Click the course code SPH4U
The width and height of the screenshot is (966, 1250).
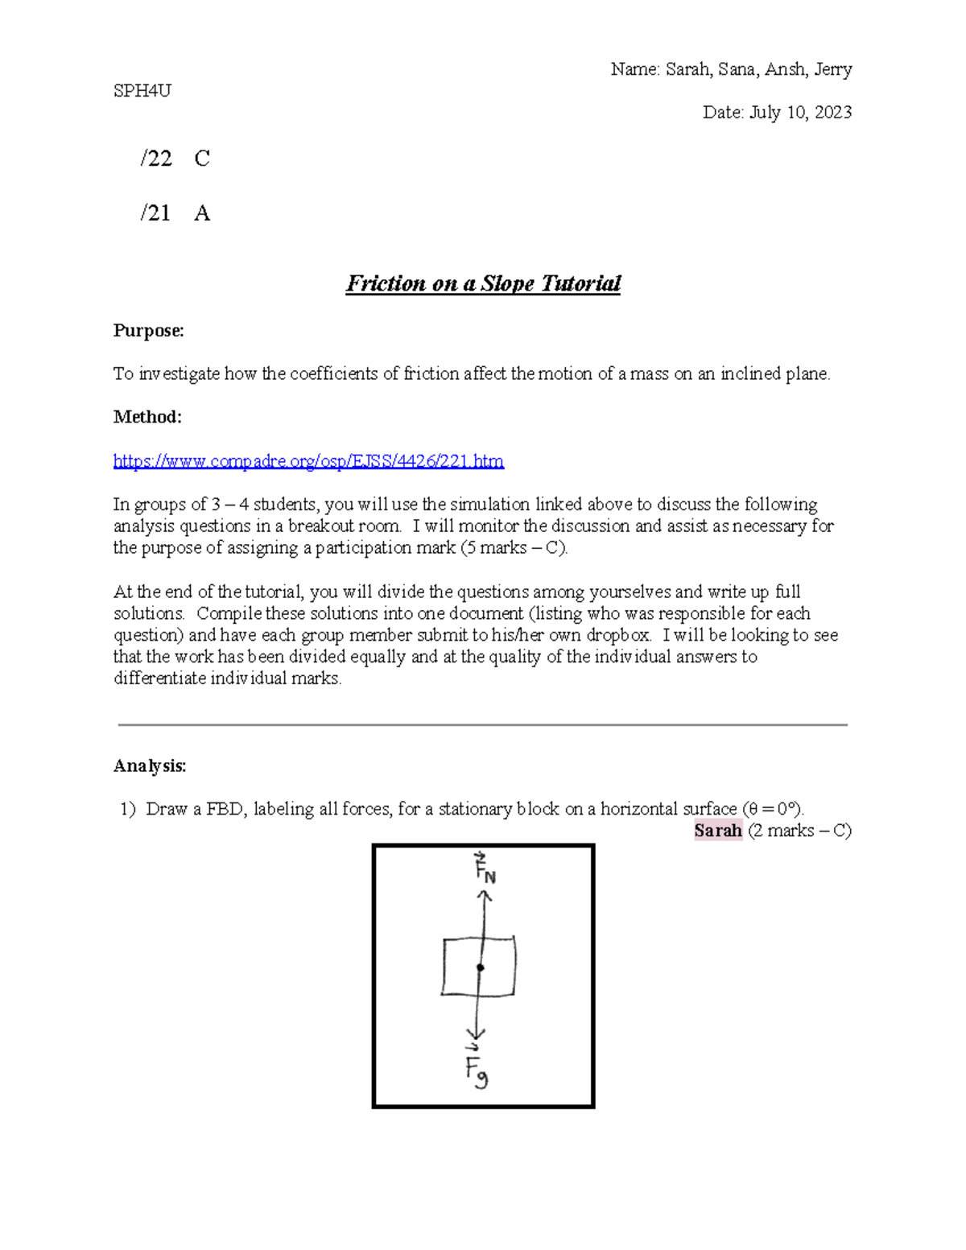click(142, 91)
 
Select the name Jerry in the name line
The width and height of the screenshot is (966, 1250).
click(832, 70)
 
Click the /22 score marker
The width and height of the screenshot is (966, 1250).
click(156, 159)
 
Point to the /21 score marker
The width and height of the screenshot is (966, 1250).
click(155, 213)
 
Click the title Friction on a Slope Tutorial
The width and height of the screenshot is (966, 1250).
click(483, 283)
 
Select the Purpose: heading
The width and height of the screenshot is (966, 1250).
click(148, 331)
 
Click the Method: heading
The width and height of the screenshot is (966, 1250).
click(147, 417)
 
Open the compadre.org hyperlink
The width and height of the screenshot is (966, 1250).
click(308, 461)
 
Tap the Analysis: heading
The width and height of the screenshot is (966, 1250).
click(150, 765)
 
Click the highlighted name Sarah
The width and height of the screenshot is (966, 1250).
click(717, 831)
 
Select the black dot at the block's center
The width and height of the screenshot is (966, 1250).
click(481, 967)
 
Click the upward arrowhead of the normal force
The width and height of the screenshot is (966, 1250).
click(485, 895)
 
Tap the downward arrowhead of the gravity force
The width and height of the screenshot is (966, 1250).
click(477, 1033)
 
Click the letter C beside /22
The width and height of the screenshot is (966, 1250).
click(202, 159)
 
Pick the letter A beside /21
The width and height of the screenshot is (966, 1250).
click(202, 213)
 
